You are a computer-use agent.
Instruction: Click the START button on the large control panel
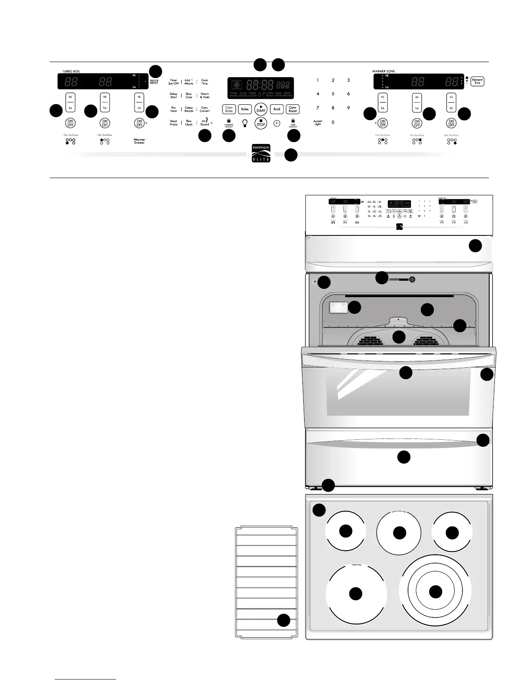pos(261,109)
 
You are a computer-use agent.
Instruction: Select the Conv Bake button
pos(229,110)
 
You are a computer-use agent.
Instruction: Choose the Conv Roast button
pos(292,110)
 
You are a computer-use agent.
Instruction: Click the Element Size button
pos(477,81)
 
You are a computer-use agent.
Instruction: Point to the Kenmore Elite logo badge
pos(261,153)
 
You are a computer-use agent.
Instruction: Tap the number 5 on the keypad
pos(333,94)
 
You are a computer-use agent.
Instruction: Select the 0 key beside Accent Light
pos(333,122)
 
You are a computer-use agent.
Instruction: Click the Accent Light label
pos(317,123)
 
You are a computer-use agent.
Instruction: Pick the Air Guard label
pos(204,123)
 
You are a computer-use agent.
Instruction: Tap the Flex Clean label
pos(189,123)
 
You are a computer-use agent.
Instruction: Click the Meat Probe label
pos(173,123)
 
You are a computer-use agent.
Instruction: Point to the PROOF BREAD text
pos(154,81)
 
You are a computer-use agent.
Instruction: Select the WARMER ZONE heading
pos(383,71)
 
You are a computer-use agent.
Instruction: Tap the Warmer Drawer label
pos(139,141)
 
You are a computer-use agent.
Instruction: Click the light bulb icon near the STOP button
pos(245,123)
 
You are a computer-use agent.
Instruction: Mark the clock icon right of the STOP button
pos(276,123)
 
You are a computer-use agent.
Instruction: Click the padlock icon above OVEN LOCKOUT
pos(293,121)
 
